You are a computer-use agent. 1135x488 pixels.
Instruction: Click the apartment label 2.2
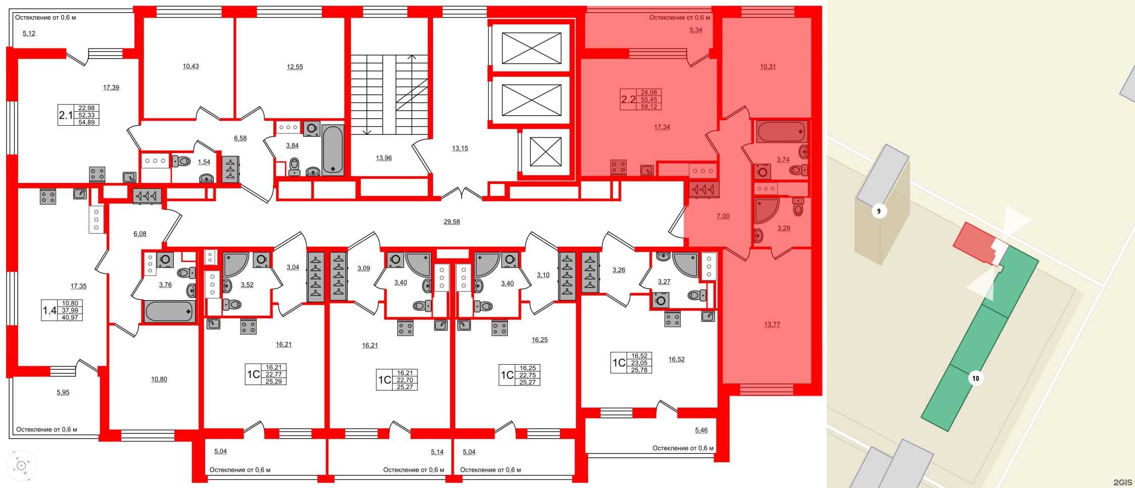(x=628, y=100)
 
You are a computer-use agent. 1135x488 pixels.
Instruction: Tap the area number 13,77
(x=772, y=324)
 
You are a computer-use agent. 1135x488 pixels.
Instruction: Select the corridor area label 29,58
(x=451, y=222)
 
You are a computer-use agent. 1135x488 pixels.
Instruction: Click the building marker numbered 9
(x=879, y=211)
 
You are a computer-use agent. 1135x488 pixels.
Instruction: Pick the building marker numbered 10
(x=975, y=378)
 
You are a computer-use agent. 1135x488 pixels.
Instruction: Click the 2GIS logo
(x=1122, y=482)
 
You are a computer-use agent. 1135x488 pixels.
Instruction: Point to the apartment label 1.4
(x=50, y=310)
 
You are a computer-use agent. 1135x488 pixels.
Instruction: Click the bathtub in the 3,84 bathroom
(x=333, y=150)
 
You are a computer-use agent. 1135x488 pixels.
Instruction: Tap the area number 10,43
(x=191, y=66)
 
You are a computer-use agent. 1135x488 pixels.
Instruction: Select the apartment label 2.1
(x=66, y=115)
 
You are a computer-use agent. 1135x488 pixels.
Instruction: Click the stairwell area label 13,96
(x=384, y=158)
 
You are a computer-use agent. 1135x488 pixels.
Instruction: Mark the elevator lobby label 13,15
(x=460, y=149)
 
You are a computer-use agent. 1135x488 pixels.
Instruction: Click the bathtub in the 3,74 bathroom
(x=781, y=132)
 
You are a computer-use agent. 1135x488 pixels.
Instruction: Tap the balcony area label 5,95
(x=63, y=392)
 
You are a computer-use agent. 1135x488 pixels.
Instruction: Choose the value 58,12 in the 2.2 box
(x=649, y=107)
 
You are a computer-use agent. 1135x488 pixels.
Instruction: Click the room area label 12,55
(x=295, y=67)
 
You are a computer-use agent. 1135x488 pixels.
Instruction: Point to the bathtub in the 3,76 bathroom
(x=169, y=312)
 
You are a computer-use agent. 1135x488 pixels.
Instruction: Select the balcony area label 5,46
(x=701, y=430)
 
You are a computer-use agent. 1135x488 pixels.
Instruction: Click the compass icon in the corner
(x=21, y=465)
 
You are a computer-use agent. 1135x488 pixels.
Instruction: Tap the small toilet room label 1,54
(x=204, y=162)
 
